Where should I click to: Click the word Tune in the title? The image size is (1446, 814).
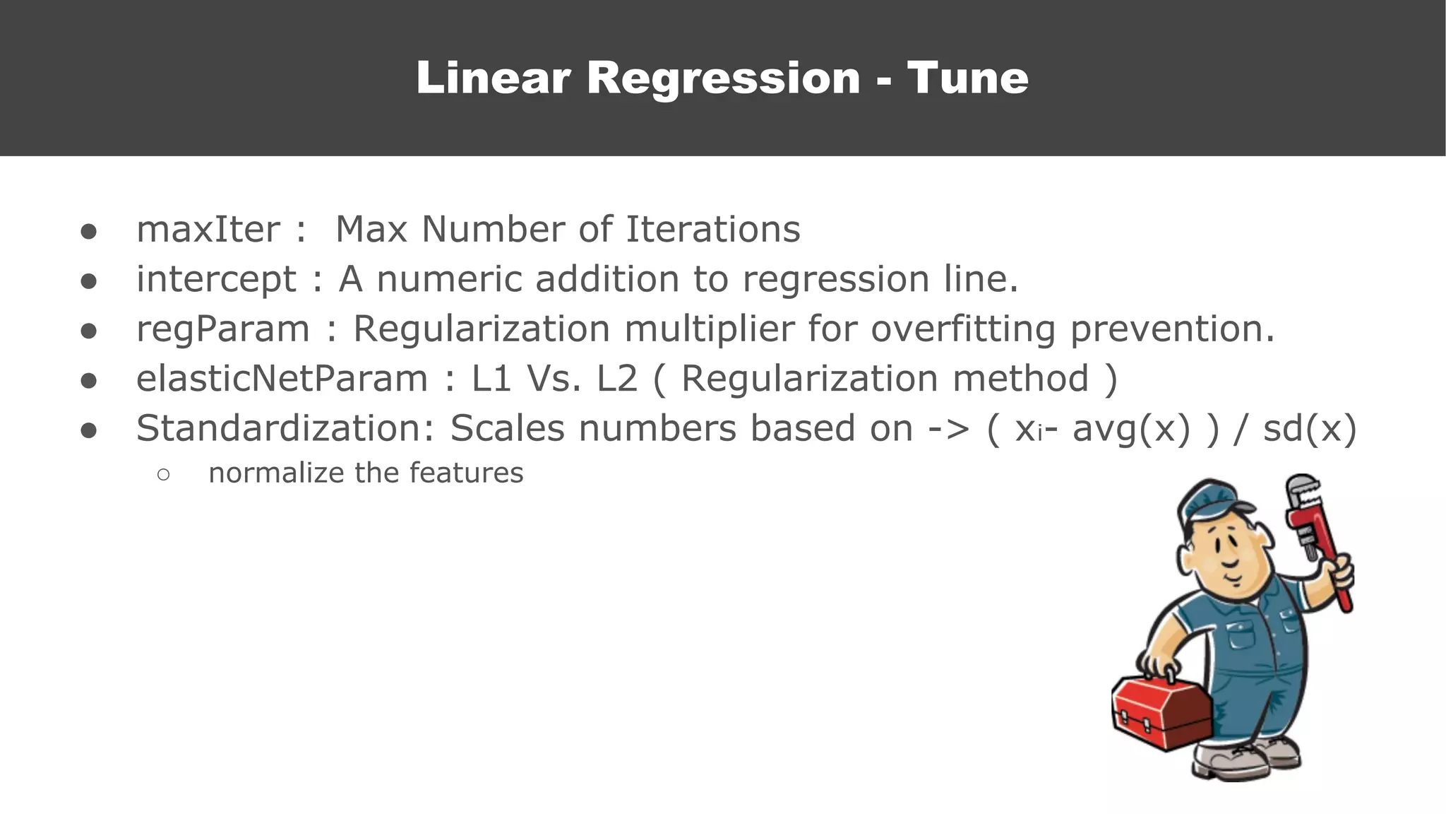pyautogui.click(x=967, y=78)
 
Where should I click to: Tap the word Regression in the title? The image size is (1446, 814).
pyautogui.click(x=723, y=78)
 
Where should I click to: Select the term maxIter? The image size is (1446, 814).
pyautogui.click(x=208, y=230)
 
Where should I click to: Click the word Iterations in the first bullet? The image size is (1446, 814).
pyautogui.click(x=713, y=230)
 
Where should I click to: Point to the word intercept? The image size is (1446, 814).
pyautogui.click(x=216, y=280)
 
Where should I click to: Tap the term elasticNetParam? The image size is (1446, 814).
pyautogui.click(x=282, y=379)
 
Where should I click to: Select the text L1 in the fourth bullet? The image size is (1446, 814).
pyautogui.click(x=491, y=379)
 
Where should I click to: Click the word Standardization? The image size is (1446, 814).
pyautogui.click(x=286, y=429)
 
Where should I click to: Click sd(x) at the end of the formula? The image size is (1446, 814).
pyautogui.click(x=1310, y=429)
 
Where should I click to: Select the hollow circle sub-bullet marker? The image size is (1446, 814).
pyautogui.click(x=163, y=475)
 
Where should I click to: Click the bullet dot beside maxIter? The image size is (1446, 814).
pyautogui.click(x=88, y=232)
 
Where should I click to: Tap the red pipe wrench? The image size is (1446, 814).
pyautogui.click(x=1317, y=537)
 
